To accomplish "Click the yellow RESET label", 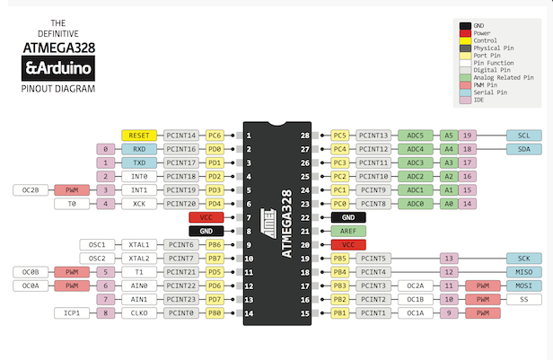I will pyautogui.click(x=140, y=135).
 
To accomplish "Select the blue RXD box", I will pyautogui.click(x=140, y=149).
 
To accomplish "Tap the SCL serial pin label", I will pyautogui.click(x=523, y=135).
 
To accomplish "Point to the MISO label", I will pyautogui.click(x=523, y=271).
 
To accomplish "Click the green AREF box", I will pyautogui.click(x=348, y=231).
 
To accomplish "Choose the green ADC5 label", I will pyautogui.click(x=416, y=135).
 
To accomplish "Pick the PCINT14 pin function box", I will pyautogui.click(x=180, y=135).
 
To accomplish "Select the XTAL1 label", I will pyautogui.click(x=140, y=244).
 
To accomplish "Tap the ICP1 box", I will pyautogui.click(x=74, y=313).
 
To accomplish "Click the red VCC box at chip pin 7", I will pyautogui.click(x=206, y=217).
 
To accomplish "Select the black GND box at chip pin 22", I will pyautogui.click(x=348, y=217).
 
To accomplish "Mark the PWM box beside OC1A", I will pyautogui.click(x=482, y=313).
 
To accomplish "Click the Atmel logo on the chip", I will pyautogui.click(x=267, y=215).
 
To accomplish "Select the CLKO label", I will pyautogui.click(x=140, y=313).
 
